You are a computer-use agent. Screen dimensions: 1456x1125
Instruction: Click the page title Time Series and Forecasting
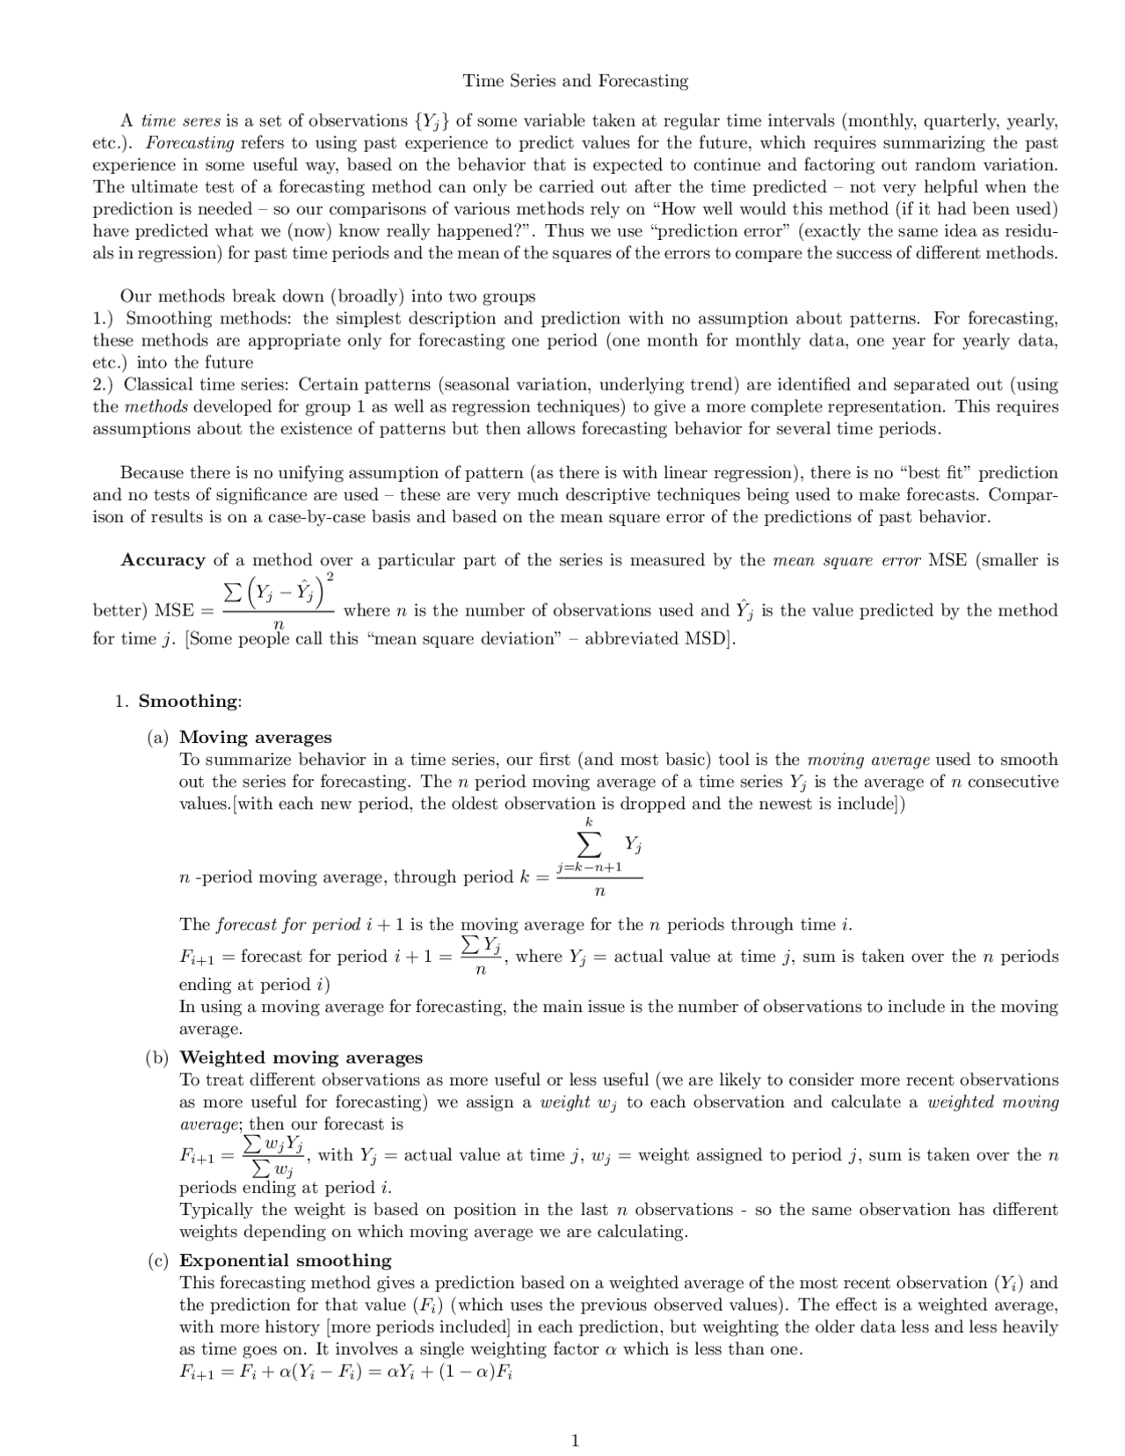[x=576, y=82]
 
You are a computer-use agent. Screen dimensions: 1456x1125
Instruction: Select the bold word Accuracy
[x=163, y=560]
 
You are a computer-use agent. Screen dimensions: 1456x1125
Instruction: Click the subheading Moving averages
[x=256, y=737]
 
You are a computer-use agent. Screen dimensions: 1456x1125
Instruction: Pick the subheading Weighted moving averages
[x=301, y=1057]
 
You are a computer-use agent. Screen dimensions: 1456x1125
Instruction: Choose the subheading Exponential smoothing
[x=285, y=1260]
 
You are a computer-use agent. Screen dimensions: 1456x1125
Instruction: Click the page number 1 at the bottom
[x=575, y=1440]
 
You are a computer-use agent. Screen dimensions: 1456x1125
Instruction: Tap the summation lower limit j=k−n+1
[x=589, y=867]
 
